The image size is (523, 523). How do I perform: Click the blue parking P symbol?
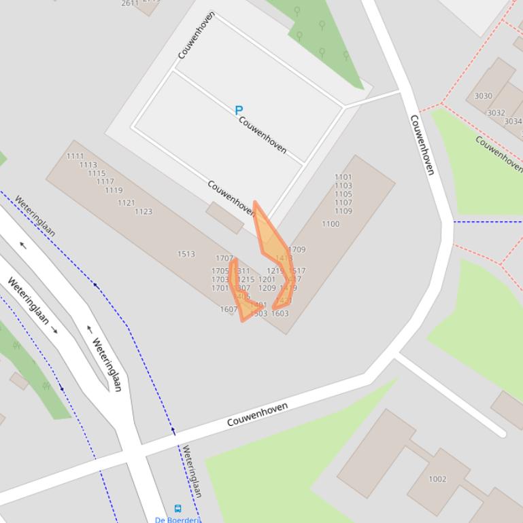click(x=239, y=110)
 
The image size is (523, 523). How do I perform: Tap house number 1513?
click(x=186, y=254)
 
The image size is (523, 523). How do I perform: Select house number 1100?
click(x=331, y=224)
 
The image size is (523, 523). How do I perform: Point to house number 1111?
click(x=75, y=156)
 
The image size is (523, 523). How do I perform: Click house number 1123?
click(x=144, y=211)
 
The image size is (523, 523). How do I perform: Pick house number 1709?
click(x=297, y=250)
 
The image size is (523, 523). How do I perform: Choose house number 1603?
click(x=280, y=314)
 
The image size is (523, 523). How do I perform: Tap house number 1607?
click(x=229, y=310)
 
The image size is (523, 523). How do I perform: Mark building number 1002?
click(x=437, y=479)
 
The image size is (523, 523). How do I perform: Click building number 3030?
click(x=484, y=96)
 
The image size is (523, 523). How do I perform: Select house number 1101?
click(x=343, y=177)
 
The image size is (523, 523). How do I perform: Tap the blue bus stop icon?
click(x=178, y=509)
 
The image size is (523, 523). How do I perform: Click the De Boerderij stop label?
click(x=178, y=520)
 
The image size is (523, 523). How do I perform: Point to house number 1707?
click(x=224, y=259)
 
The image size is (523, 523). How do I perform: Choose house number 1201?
click(x=267, y=279)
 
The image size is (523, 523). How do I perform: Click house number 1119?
click(x=114, y=190)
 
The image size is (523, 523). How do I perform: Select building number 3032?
click(x=496, y=113)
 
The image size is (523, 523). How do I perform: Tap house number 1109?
click(x=343, y=211)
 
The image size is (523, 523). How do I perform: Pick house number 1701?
click(x=220, y=288)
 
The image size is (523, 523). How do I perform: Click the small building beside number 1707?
click(x=225, y=217)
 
